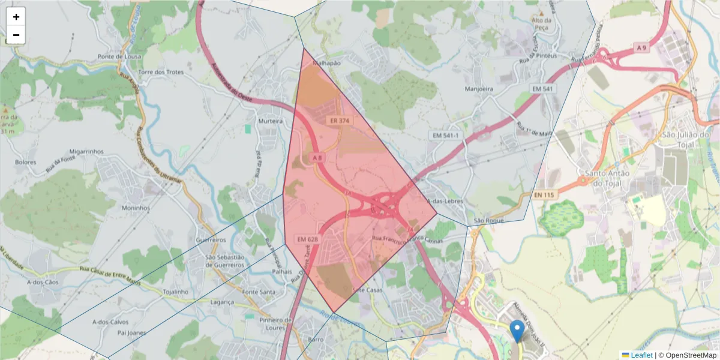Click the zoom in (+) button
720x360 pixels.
point(16,17)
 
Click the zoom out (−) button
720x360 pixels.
point(16,35)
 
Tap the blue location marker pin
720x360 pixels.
point(517,331)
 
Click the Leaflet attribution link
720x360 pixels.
point(641,355)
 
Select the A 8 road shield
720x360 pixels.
point(317,158)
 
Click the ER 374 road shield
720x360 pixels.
point(339,121)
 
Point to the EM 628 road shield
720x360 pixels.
point(307,239)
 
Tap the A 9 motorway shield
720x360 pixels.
point(642,47)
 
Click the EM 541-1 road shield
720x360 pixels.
point(446,136)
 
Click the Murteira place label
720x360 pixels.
point(269,121)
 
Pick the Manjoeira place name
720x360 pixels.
point(479,89)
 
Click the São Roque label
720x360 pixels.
point(487,221)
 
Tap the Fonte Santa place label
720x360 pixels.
point(259,292)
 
